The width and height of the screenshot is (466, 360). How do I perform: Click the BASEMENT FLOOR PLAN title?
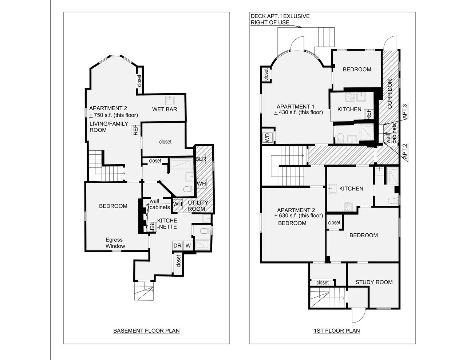coord(146,331)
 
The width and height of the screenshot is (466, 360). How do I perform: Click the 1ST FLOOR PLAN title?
coord(336,331)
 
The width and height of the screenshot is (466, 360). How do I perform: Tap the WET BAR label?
coord(165,109)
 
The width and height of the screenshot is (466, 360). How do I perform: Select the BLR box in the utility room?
coord(201,159)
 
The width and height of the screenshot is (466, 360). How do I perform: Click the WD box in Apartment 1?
coord(267,137)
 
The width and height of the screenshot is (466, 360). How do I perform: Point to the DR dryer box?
coord(177,246)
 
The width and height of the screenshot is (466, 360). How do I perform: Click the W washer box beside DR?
coord(188,246)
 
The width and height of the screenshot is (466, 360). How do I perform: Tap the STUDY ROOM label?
coord(374,282)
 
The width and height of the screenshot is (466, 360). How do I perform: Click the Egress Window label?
coord(114,243)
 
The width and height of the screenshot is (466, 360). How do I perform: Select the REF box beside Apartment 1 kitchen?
coord(368,114)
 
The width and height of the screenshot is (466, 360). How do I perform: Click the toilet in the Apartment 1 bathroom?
coord(340,138)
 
